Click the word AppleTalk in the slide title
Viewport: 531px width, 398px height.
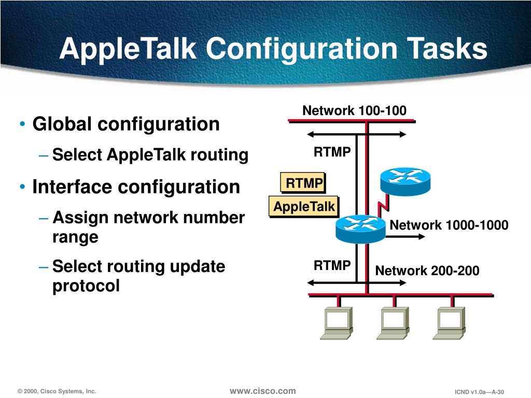click(128, 50)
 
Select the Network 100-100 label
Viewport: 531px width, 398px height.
click(354, 110)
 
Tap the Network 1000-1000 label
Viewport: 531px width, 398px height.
click(449, 225)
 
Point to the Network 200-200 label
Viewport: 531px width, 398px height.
click(427, 271)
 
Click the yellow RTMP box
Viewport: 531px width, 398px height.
click(304, 183)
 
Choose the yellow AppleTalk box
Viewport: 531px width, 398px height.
click(304, 207)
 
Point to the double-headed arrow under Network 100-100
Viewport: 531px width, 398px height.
click(356, 134)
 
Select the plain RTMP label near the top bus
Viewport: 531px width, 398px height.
click(332, 152)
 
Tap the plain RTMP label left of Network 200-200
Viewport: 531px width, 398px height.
click(332, 266)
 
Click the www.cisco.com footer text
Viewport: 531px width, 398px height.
click(262, 391)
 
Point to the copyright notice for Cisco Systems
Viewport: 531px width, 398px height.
click(57, 391)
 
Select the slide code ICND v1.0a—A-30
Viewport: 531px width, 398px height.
click(479, 392)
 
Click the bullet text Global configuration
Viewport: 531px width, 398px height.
click(126, 124)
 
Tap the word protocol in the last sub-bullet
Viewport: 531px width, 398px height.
click(86, 285)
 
